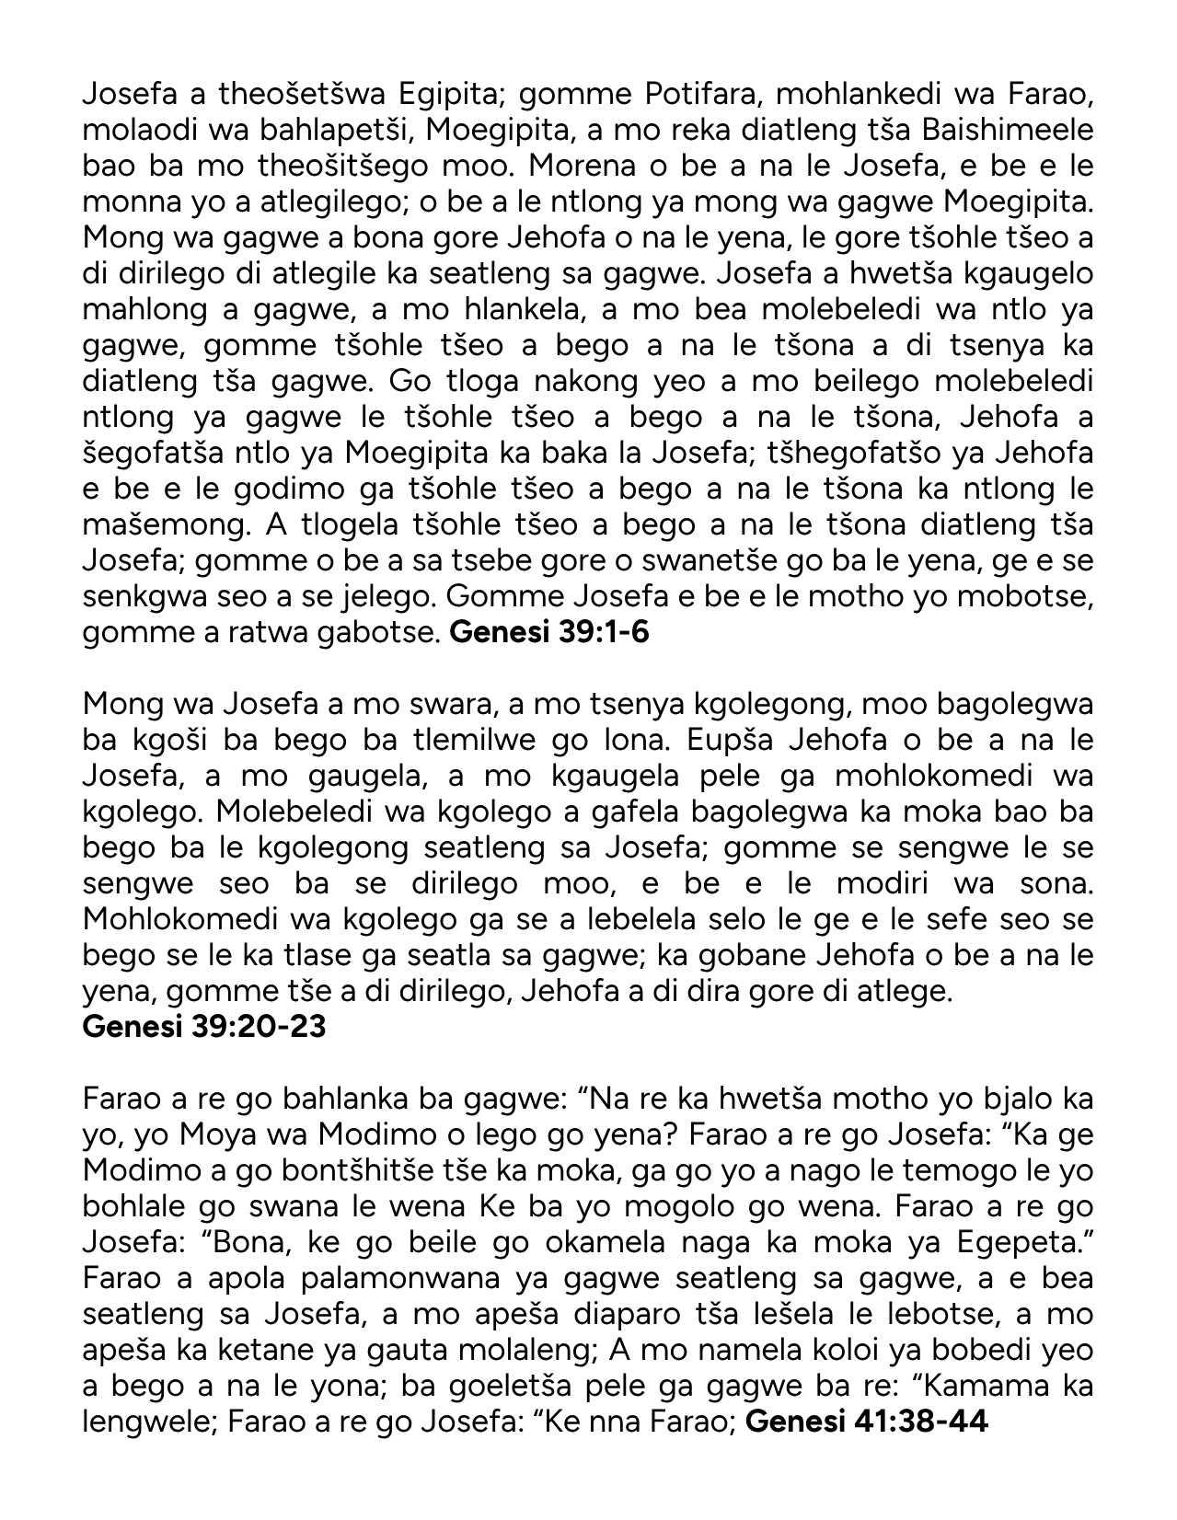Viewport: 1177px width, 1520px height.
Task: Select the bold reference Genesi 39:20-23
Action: tap(204, 1026)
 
